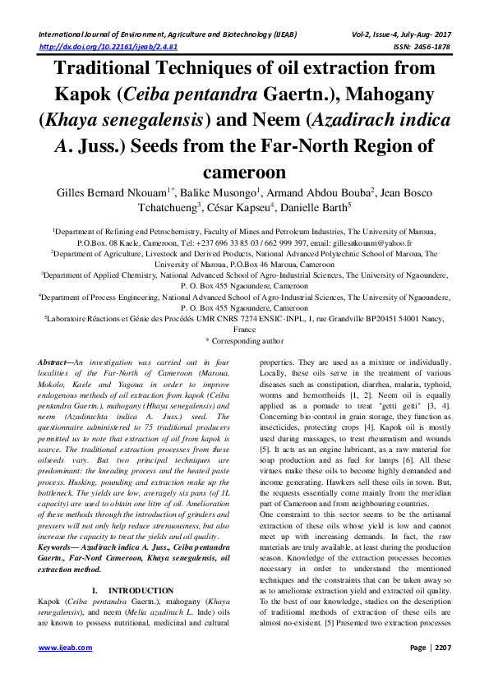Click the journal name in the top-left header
pyautogui.click(x=165, y=34)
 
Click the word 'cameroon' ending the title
pyautogui.click(x=244, y=173)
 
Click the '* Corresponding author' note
pyautogui.click(x=244, y=339)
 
